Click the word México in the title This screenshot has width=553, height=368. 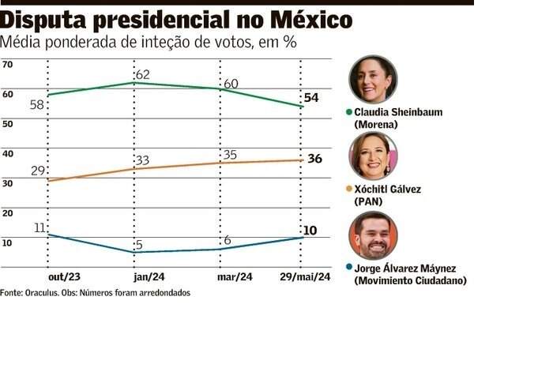click(x=308, y=20)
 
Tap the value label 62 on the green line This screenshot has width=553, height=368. click(x=142, y=75)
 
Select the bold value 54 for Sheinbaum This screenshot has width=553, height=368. click(x=311, y=97)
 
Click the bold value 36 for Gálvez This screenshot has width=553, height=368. click(x=314, y=159)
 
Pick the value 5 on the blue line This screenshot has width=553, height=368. click(x=139, y=246)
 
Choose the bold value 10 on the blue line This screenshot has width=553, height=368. click(x=310, y=231)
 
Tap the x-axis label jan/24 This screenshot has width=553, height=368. click(x=149, y=277)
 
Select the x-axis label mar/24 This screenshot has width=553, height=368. click(x=235, y=277)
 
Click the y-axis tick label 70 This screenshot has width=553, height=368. click(x=8, y=64)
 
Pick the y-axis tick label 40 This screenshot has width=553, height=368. click(x=8, y=153)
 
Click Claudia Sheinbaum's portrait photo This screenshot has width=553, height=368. click(x=373, y=79)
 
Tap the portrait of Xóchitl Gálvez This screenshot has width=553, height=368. click(x=373, y=156)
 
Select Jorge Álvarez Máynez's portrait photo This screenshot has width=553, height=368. click(x=373, y=235)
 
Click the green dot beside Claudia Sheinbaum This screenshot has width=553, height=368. click(x=349, y=112)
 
